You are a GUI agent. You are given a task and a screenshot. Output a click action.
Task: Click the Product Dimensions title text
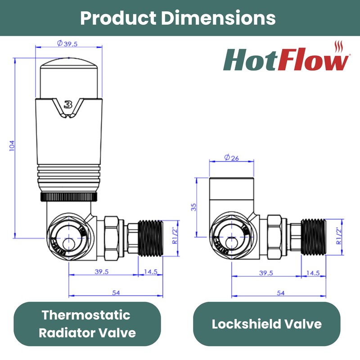(x=178, y=18)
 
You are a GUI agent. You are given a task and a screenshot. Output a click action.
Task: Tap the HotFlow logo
(x=286, y=60)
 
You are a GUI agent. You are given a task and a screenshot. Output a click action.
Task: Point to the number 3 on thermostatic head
(x=68, y=105)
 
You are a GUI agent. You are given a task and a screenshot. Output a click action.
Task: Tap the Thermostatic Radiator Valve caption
(x=87, y=324)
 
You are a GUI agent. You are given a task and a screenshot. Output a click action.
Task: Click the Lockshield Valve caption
(x=266, y=324)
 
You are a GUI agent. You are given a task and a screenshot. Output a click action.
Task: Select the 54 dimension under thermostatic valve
(x=116, y=292)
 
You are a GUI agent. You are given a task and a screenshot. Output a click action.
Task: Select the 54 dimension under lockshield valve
(x=280, y=292)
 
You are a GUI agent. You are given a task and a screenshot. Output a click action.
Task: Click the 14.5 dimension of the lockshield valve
(x=312, y=273)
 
